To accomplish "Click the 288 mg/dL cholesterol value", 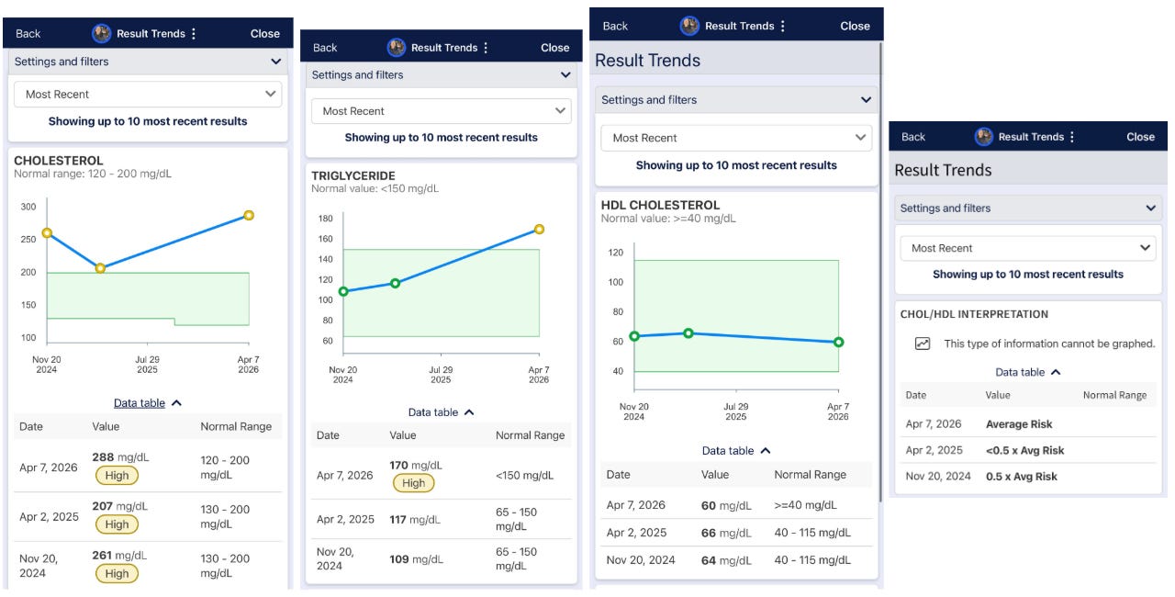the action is [120, 456].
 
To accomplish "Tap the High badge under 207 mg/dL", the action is [117, 524].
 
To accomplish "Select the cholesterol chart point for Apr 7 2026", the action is [249, 215].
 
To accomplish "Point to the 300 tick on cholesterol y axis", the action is [28, 207].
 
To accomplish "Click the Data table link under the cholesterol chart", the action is [140, 403].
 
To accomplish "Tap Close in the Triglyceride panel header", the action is [555, 48].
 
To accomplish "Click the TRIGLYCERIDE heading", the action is [353, 175].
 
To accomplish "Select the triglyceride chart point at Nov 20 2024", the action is [343, 291].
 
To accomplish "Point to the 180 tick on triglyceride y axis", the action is [325, 219].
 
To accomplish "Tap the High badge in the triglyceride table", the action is [413, 483].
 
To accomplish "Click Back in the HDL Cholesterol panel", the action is [615, 27].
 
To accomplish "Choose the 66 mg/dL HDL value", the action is [726, 533].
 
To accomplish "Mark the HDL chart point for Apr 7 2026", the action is [838, 342].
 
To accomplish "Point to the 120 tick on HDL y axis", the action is [615, 253].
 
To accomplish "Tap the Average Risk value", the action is [1019, 424].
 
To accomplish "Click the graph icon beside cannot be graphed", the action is [923, 344].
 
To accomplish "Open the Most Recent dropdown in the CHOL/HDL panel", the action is [1027, 248].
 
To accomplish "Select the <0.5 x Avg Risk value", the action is [1024, 451].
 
